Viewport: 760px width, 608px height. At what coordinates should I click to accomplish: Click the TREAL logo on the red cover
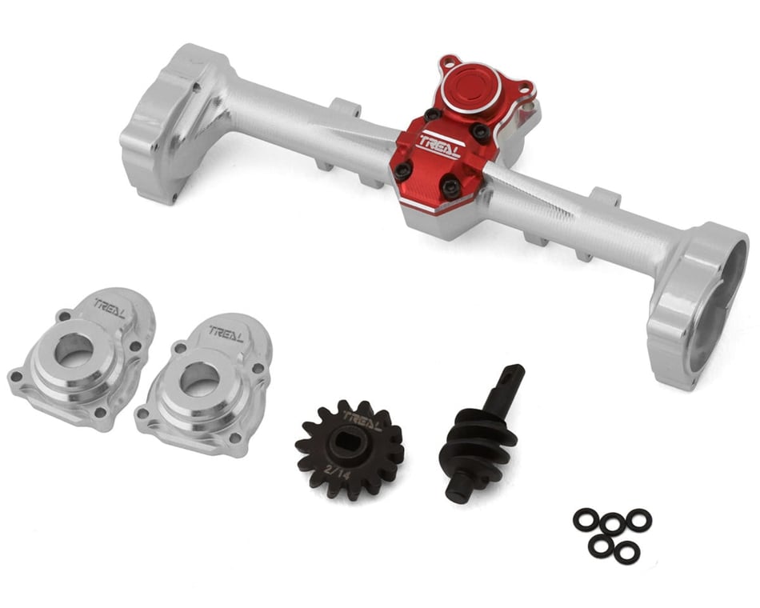(439, 148)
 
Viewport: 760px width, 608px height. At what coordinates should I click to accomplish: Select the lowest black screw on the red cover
(450, 187)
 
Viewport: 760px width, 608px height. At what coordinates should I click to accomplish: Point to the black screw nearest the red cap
(433, 114)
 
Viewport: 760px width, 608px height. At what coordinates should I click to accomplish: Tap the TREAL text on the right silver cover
(226, 330)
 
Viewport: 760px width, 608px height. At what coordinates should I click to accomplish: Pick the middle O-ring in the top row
(613, 524)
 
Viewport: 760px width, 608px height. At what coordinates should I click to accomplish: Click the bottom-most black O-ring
(627, 552)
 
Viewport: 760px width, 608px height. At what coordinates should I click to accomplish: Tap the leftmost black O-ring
(586, 520)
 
